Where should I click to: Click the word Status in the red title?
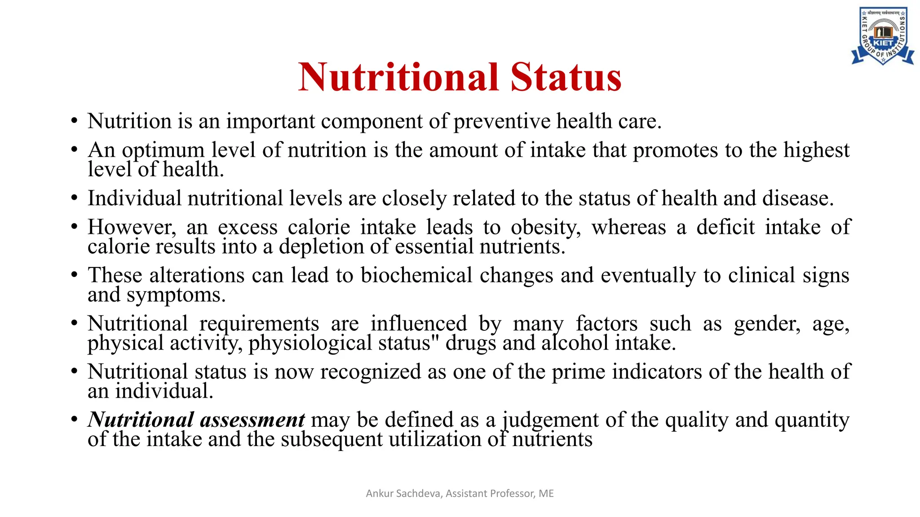(x=566, y=77)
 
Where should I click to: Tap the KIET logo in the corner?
(x=882, y=36)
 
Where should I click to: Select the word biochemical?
(x=416, y=276)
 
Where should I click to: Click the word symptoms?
(x=176, y=295)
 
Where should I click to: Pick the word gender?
(x=766, y=324)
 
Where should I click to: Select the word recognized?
(x=370, y=372)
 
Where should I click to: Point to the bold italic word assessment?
(x=252, y=420)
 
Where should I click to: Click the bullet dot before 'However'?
(x=74, y=227)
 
